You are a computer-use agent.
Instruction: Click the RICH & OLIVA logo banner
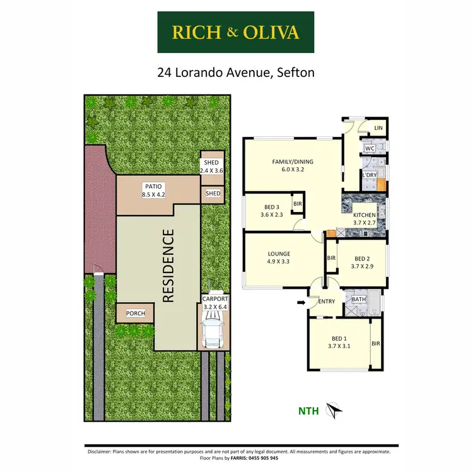(x=236, y=32)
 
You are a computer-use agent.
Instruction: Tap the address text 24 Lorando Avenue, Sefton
(x=236, y=73)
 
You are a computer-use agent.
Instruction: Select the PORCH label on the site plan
(x=135, y=313)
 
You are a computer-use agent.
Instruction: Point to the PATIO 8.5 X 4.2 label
(x=153, y=190)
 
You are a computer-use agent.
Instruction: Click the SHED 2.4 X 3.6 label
(x=211, y=166)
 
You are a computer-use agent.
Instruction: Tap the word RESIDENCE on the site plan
(x=168, y=266)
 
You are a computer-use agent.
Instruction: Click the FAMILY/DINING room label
(x=293, y=166)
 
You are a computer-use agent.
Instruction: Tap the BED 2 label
(x=363, y=262)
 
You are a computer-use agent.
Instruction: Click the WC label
(x=370, y=149)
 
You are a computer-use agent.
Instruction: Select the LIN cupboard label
(x=378, y=128)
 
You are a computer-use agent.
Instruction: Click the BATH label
(x=359, y=300)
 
